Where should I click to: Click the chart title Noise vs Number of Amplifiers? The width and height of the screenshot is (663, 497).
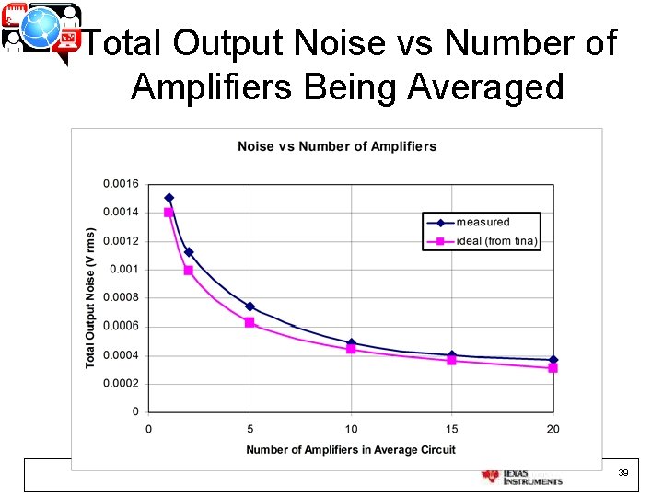pyautogui.click(x=337, y=146)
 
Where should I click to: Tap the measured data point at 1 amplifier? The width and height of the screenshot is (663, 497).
pyautogui.click(x=169, y=198)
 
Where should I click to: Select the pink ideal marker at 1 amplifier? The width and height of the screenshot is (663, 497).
pyautogui.click(x=169, y=213)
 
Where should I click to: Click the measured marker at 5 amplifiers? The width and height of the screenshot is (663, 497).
pyautogui.click(x=250, y=306)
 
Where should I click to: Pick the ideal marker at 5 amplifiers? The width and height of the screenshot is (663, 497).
pyautogui.click(x=250, y=322)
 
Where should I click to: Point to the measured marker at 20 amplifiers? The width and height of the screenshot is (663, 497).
pyautogui.click(x=553, y=360)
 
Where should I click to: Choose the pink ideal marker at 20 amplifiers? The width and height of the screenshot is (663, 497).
pyautogui.click(x=553, y=368)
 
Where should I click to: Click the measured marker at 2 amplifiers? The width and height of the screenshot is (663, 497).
pyautogui.click(x=189, y=252)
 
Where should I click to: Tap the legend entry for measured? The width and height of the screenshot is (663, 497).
pyautogui.click(x=483, y=222)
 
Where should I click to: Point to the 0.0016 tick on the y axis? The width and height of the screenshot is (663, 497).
pyautogui.click(x=121, y=184)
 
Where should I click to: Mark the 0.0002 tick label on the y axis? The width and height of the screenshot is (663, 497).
pyautogui.click(x=121, y=384)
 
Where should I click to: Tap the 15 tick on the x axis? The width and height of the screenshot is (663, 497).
pyautogui.click(x=452, y=429)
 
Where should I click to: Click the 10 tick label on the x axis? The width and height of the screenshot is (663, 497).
pyautogui.click(x=351, y=429)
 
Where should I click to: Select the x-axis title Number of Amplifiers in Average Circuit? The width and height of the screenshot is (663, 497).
pyautogui.click(x=351, y=449)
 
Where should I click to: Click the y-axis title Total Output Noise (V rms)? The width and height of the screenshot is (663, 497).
pyautogui.click(x=90, y=298)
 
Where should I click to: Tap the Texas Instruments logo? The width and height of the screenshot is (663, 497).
pyautogui.click(x=522, y=476)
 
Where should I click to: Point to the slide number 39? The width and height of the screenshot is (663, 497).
pyautogui.click(x=622, y=472)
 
